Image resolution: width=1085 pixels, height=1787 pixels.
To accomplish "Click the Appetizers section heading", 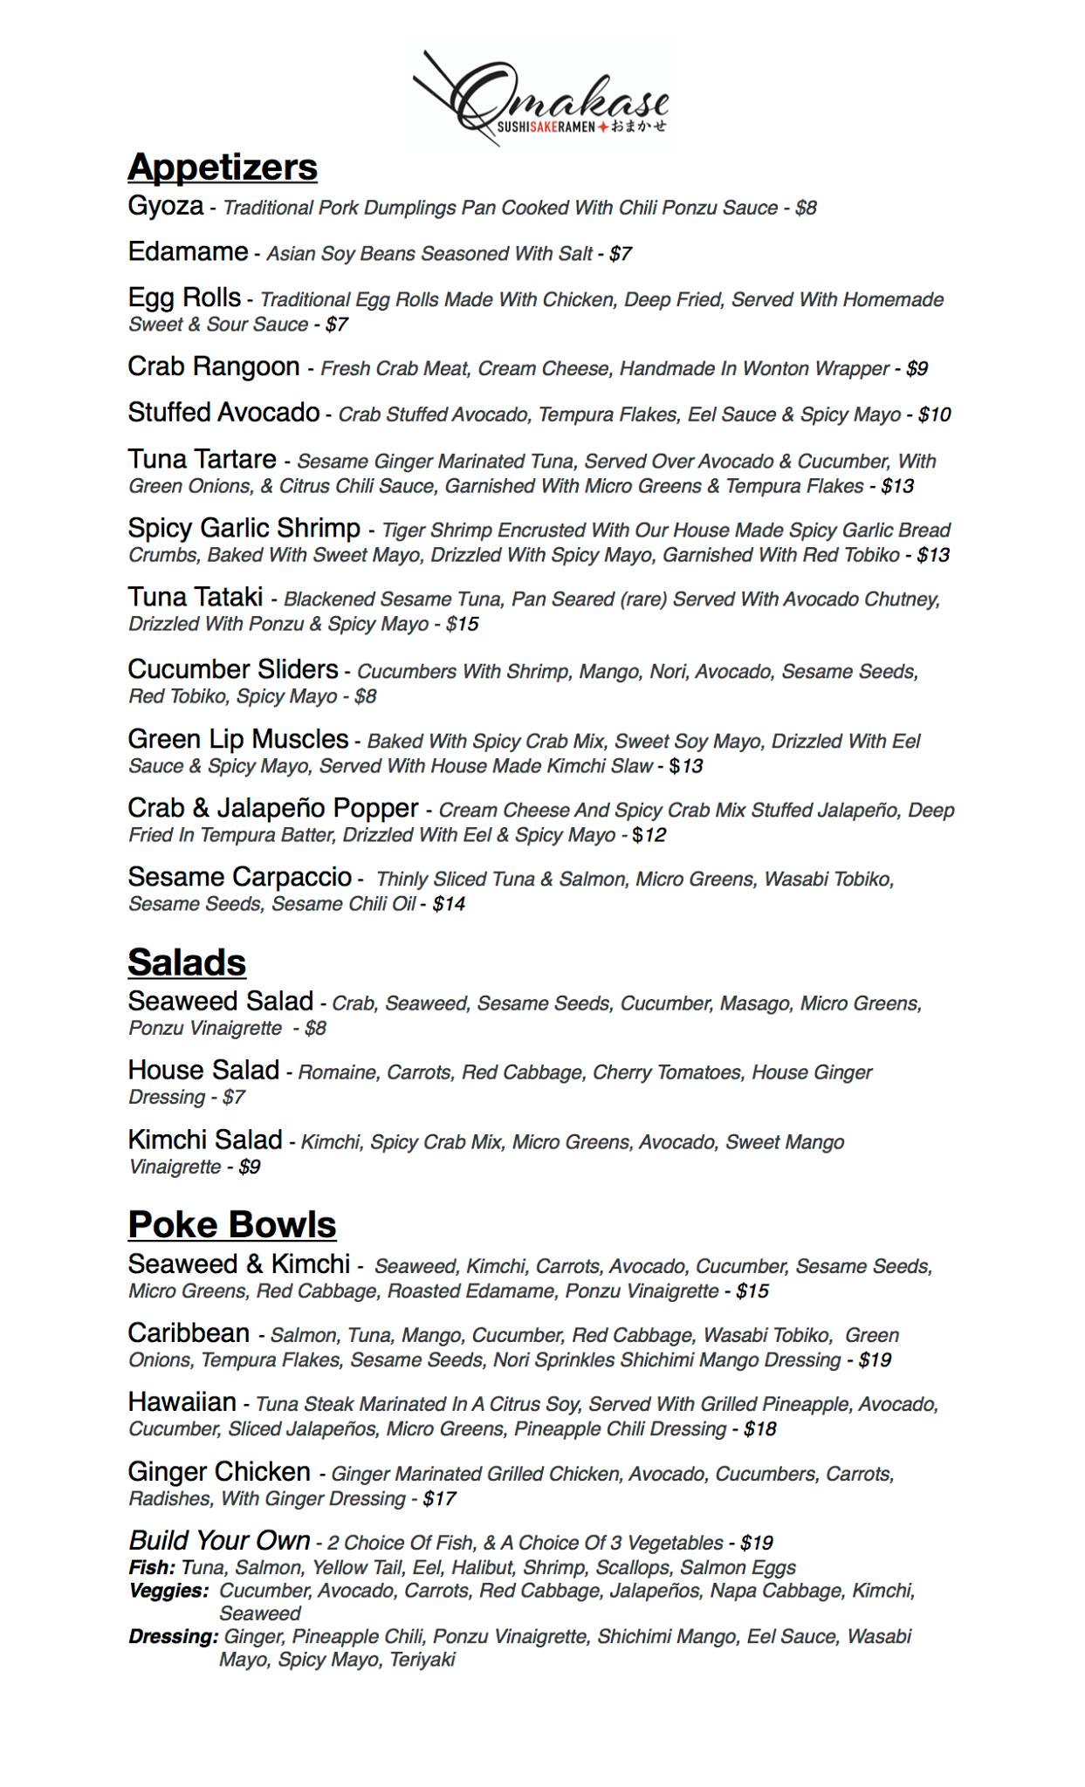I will pyautogui.click(x=223, y=167).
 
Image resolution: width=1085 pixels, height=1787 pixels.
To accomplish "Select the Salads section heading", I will pyautogui.click(x=187, y=962).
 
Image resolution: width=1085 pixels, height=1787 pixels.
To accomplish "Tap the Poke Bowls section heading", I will pyautogui.click(x=231, y=1224).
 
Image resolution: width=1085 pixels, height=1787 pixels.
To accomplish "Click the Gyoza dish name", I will pyautogui.click(x=165, y=206).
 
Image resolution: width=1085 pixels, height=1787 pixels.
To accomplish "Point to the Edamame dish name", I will pyautogui.click(x=188, y=252).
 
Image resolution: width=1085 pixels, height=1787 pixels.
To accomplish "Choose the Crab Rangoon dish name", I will pyautogui.click(x=214, y=366).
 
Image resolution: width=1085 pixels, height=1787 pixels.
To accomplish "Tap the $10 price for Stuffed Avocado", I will pyautogui.click(x=934, y=415).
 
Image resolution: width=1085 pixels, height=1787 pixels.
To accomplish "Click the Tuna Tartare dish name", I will pyautogui.click(x=202, y=459).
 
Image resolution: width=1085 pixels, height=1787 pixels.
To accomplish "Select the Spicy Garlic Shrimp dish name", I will pyautogui.click(x=244, y=528).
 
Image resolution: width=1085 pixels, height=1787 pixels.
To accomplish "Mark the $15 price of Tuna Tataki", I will pyautogui.click(x=462, y=625).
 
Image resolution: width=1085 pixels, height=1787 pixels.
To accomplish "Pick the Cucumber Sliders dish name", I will pyautogui.click(x=233, y=669).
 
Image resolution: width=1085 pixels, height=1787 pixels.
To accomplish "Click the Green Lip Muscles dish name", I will pyautogui.click(x=237, y=739).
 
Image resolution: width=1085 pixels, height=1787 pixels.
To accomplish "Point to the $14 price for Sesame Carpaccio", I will pyautogui.click(x=449, y=905).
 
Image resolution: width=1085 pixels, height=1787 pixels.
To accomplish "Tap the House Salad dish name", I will pyautogui.click(x=203, y=1070).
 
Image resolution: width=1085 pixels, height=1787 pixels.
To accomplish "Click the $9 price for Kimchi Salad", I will pyautogui.click(x=250, y=1167).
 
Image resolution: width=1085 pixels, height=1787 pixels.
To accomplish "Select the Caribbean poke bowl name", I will pyautogui.click(x=189, y=1333).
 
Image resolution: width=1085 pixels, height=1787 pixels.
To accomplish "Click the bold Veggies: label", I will pyautogui.click(x=168, y=1591).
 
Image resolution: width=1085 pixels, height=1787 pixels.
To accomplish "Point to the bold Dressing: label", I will pyautogui.click(x=173, y=1637).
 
